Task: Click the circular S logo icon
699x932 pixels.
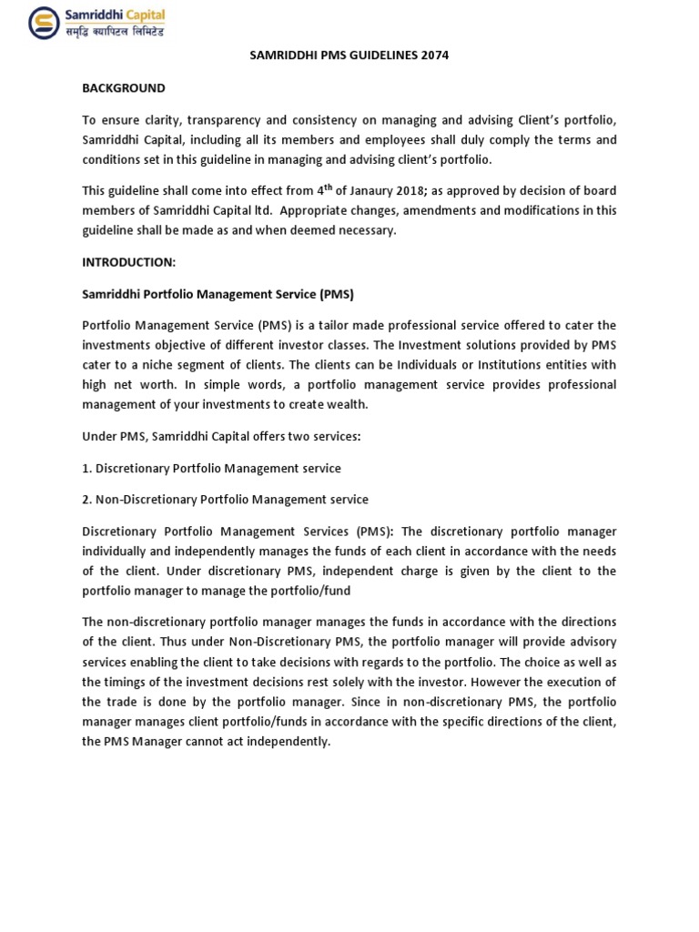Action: (43, 23)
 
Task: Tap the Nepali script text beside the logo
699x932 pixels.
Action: (113, 32)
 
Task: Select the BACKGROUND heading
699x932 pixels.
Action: (124, 88)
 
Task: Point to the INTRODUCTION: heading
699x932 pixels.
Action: (128, 261)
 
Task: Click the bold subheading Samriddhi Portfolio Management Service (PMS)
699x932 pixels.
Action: (218, 295)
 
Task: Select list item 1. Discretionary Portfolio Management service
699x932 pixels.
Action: (212, 468)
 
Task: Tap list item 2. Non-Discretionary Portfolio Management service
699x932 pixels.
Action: (226, 499)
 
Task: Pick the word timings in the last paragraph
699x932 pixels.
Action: (132, 682)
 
